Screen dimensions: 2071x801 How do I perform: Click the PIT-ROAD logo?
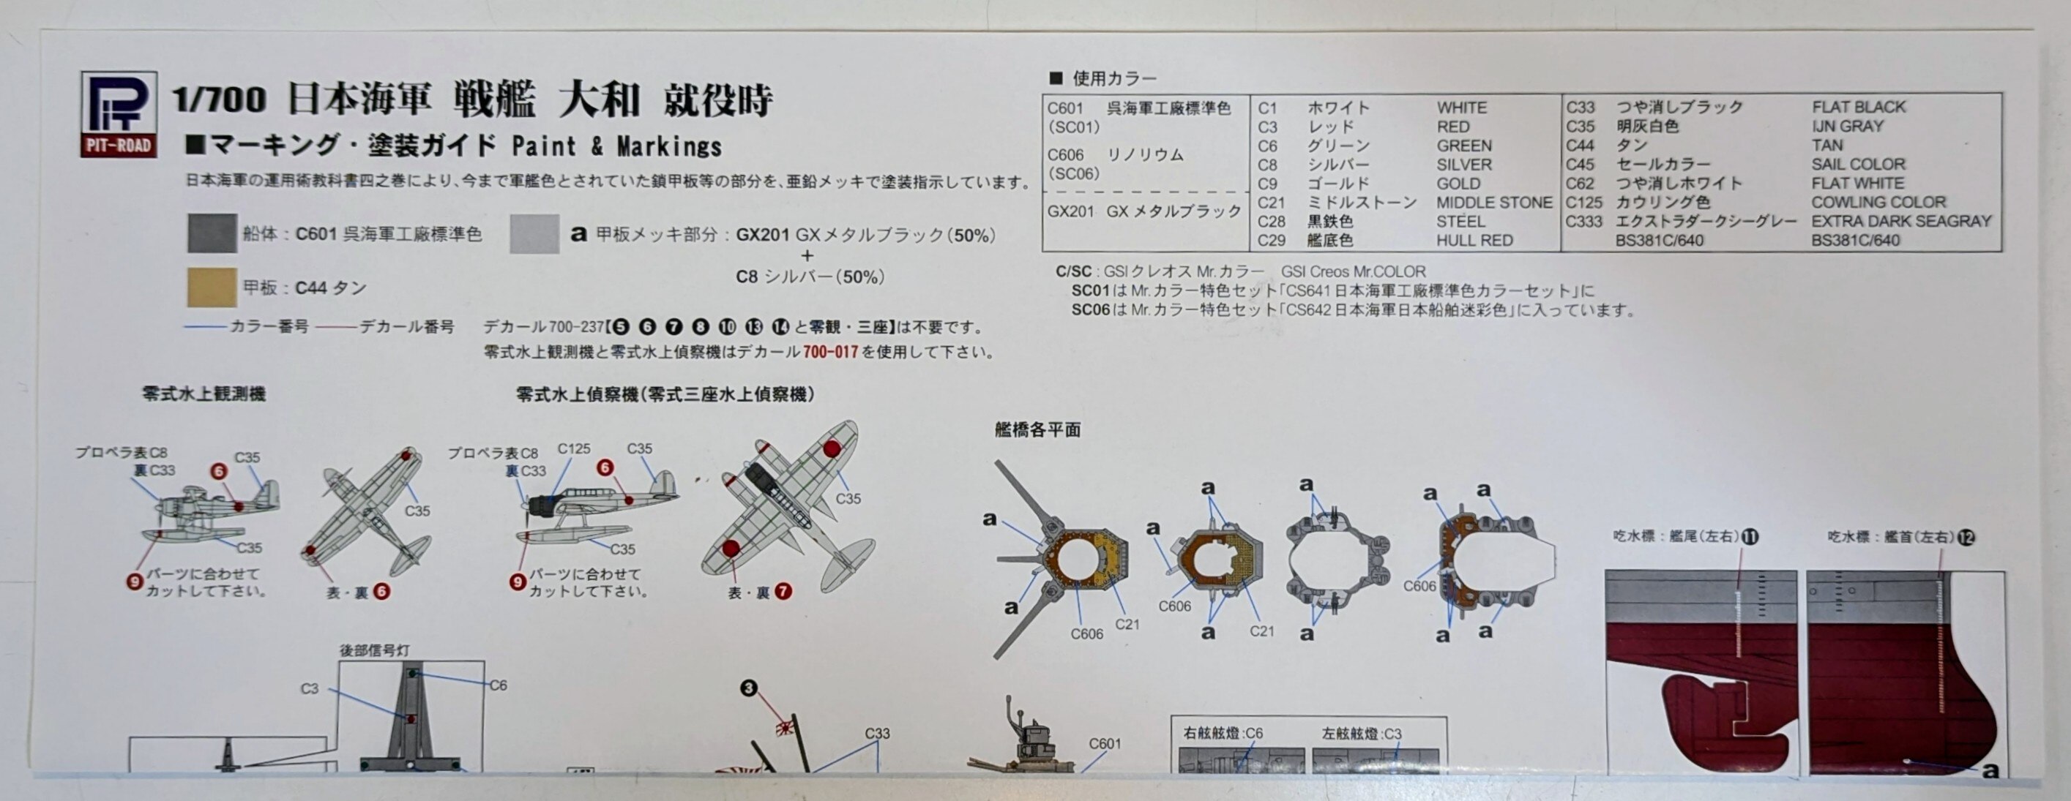click(118, 114)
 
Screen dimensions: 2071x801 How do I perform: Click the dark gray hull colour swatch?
click(212, 234)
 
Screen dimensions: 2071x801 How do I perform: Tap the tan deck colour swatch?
click(212, 287)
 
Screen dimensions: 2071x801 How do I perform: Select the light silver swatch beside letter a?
click(534, 234)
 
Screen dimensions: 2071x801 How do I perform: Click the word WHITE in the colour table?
click(1462, 108)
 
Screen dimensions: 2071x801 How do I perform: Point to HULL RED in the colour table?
click(1474, 240)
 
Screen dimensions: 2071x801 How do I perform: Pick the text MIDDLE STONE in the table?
click(1493, 203)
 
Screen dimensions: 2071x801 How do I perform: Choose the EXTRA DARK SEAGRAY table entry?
click(1900, 221)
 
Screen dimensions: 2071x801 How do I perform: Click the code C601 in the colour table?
click(1065, 108)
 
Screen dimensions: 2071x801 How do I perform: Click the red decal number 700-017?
click(830, 352)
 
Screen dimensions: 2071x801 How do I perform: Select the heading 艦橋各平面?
click(1037, 430)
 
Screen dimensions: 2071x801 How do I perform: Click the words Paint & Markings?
click(616, 146)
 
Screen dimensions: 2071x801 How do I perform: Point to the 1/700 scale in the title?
click(219, 99)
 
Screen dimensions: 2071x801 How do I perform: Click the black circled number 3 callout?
click(748, 688)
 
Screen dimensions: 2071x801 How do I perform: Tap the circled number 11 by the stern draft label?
click(1750, 537)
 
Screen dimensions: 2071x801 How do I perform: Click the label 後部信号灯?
click(374, 650)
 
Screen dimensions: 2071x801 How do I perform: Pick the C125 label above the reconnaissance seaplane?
click(574, 448)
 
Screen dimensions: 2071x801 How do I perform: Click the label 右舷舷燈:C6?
click(1223, 734)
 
